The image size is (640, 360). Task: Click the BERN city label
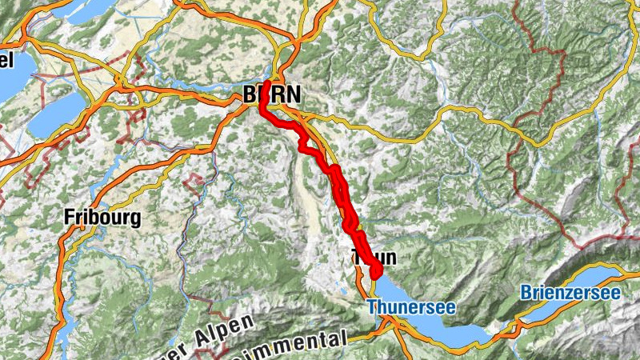(x=272, y=94)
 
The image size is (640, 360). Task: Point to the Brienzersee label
(x=570, y=294)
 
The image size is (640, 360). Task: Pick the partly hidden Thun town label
(x=373, y=257)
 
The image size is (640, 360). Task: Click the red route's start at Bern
(x=263, y=83)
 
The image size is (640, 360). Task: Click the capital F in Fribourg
(x=70, y=217)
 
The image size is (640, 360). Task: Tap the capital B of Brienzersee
(x=525, y=294)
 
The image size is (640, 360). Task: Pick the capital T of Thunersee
(x=372, y=306)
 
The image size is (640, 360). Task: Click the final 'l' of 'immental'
(x=346, y=337)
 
